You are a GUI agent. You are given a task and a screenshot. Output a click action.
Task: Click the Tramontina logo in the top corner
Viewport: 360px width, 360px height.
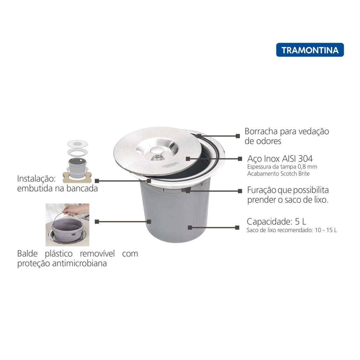pos(310,50)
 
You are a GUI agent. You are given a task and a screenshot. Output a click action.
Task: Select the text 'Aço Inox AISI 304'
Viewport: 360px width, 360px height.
pos(280,158)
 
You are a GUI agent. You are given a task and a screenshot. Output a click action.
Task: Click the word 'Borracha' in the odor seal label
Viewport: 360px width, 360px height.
pos(261,131)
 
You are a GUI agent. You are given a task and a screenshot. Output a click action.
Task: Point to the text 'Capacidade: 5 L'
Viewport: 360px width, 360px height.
pos(276,221)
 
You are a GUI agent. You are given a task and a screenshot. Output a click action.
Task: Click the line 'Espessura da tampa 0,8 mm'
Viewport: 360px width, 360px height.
pos(282,167)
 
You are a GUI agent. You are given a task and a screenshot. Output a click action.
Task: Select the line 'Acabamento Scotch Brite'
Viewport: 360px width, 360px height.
pos(278,174)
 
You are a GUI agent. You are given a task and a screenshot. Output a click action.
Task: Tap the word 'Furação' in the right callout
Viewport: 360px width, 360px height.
pos(261,190)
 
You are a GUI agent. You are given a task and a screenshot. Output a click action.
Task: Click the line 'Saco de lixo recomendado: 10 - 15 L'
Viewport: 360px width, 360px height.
pos(291,230)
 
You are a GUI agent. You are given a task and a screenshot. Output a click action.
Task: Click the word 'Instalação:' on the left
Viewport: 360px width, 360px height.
pos(36,179)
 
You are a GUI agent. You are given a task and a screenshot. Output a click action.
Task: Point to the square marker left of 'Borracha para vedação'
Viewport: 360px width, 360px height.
pos(238,136)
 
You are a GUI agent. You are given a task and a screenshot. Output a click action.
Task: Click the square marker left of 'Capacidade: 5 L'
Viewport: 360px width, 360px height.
pos(237,227)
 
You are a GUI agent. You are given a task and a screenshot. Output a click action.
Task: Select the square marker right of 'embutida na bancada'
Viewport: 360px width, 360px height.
pos(97,181)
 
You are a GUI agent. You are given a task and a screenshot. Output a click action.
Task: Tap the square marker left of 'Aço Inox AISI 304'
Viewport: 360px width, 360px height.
pos(240,159)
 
